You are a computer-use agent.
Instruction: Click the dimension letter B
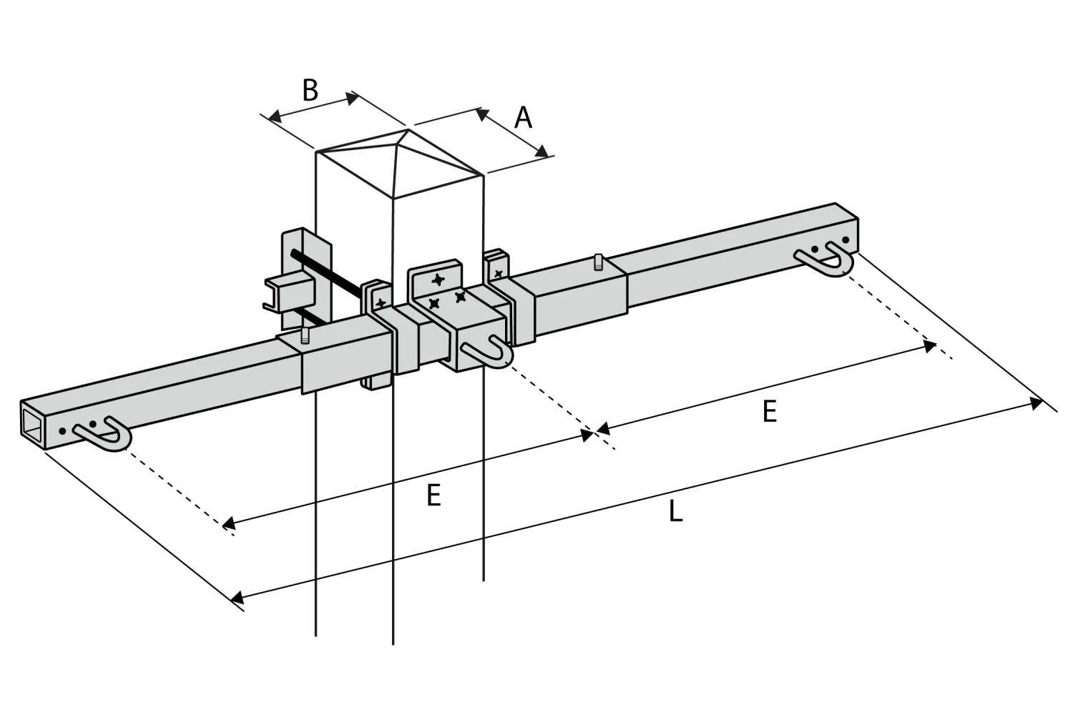[x=310, y=90]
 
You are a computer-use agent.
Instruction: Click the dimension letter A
[x=523, y=118]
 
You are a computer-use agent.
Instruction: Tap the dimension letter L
[x=675, y=511]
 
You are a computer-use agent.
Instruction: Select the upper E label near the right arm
[x=769, y=411]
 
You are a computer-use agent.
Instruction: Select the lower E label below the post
[x=433, y=495]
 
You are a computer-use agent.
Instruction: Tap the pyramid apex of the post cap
[x=408, y=129]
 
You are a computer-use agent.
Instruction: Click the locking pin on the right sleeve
[x=598, y=262]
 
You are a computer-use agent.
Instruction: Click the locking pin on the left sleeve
[x=305, y=336]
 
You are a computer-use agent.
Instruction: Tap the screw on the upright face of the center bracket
[x=438, y=280]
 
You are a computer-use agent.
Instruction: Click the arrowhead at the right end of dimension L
[x=1037, y=404]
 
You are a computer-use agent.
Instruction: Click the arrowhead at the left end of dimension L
[x=237, y=598]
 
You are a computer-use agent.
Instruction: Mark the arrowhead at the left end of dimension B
[x=274, y=115]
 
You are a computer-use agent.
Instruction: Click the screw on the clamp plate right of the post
[x=499, y=274]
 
